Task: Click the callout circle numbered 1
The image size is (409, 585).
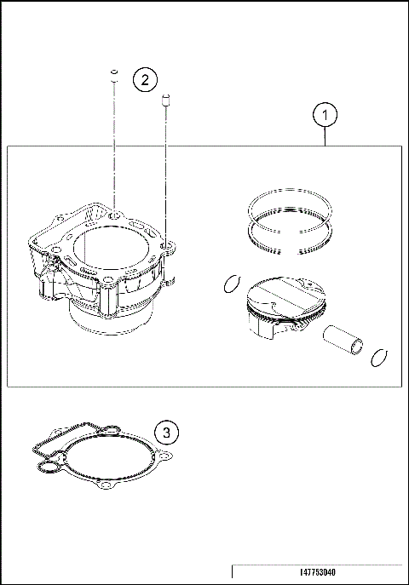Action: [325, 113]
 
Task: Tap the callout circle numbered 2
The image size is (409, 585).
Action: [145, 80]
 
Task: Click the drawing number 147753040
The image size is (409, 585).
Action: [318, 573]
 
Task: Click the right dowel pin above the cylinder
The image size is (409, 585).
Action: [167, 101]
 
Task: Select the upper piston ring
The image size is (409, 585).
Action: [290, 205]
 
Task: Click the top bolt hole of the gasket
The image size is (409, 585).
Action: [109, 426]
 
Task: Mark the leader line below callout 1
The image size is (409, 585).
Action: [325, 136]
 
